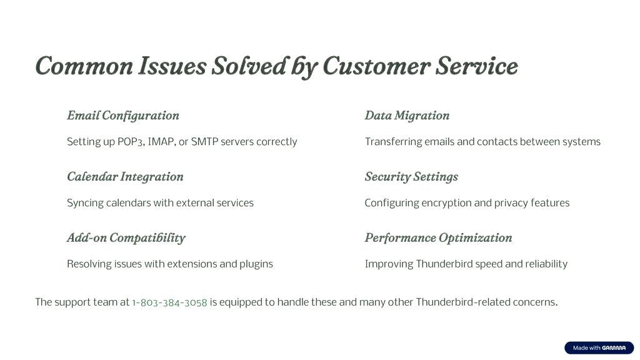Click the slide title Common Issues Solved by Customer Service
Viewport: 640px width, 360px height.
coord(277,66)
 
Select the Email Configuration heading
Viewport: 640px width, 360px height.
coord(123,116)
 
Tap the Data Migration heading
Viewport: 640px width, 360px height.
coord(407,116)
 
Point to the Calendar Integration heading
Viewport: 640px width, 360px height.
coord(125,177)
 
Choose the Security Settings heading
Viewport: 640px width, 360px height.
coord(411,177)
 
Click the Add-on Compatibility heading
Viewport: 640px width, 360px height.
coord(126,238)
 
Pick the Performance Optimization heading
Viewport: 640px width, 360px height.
coord(438,238)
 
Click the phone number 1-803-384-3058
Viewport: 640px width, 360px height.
coord(169,302)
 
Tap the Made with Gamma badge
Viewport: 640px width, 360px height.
coord(599,347)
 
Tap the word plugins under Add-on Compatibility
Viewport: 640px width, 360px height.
coord(256,264)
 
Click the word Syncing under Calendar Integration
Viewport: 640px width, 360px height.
coord(85,203)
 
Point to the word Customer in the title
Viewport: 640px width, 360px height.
coord(376,66)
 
